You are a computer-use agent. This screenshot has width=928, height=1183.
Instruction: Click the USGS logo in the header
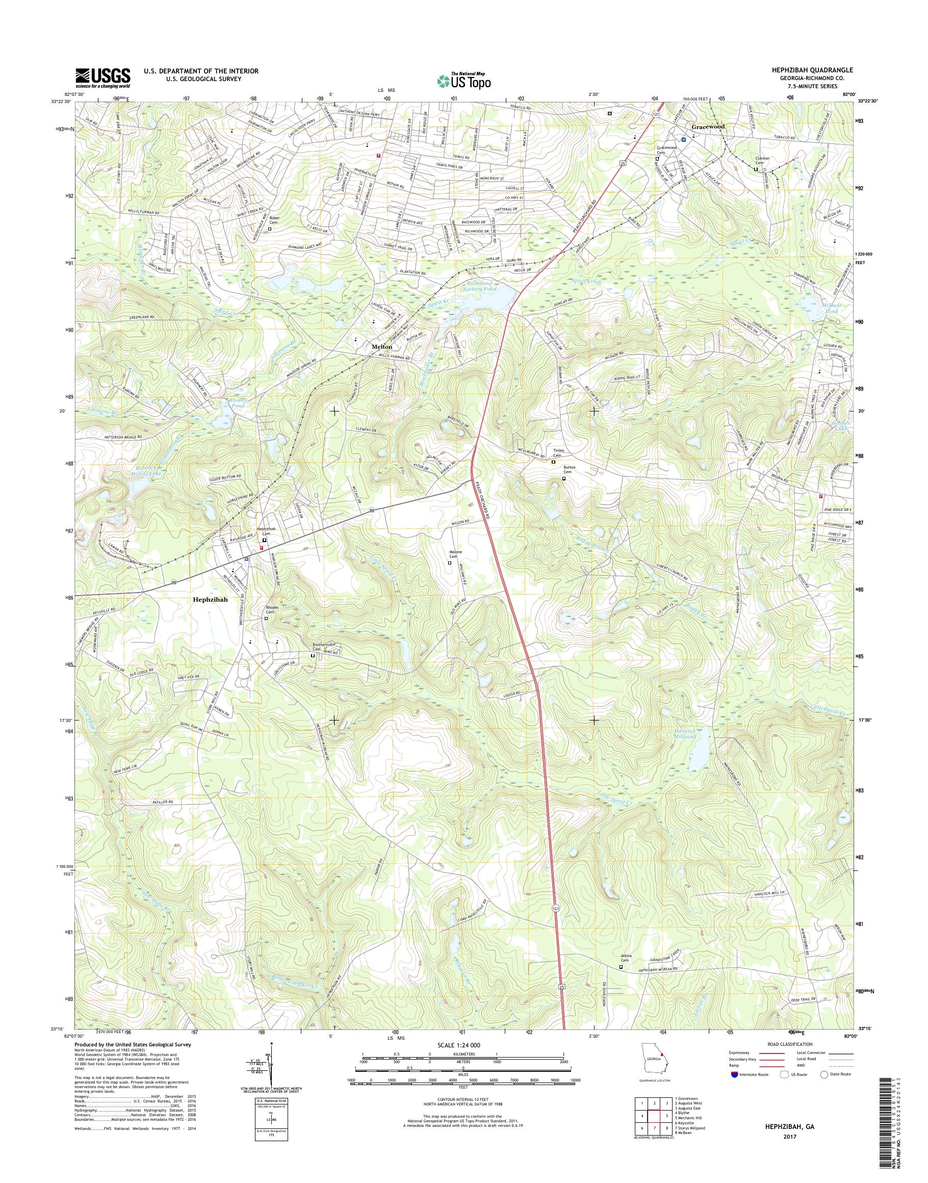tap(102, 78)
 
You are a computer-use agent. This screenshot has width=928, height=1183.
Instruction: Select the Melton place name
tap(382, 346)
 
